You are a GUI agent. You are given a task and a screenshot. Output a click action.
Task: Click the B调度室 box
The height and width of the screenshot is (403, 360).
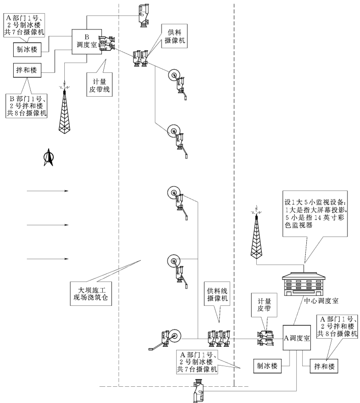(87, 42)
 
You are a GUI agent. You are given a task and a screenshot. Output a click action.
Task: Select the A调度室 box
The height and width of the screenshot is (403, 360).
(297, 338)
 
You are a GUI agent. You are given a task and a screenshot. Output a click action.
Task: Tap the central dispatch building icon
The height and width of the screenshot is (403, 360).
(303, 284)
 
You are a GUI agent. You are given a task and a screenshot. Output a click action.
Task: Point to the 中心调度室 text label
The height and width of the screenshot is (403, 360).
(321, 301)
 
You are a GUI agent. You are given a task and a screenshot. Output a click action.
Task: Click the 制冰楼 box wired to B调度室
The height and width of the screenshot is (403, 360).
(27, 50)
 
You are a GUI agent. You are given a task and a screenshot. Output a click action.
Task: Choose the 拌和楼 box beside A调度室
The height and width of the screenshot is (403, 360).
(324, 366)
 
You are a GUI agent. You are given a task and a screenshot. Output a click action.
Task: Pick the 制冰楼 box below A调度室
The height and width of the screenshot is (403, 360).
(267, 366)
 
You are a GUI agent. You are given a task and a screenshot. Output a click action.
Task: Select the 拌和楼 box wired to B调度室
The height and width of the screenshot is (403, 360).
(27, 70)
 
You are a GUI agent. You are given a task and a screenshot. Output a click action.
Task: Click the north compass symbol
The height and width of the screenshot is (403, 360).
(48, 157)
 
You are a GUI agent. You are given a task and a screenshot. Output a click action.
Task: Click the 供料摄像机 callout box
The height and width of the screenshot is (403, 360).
(175, 36)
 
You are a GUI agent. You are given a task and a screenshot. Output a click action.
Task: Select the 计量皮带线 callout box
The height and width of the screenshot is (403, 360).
(99, 85)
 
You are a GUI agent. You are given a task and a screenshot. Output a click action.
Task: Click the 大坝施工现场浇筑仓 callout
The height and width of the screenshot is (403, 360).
(91, 294)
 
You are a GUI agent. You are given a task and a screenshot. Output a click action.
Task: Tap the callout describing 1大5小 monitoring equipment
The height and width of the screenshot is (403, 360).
(315, 214)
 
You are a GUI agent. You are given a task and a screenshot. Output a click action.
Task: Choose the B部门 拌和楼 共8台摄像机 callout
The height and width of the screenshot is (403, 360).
(26, 106)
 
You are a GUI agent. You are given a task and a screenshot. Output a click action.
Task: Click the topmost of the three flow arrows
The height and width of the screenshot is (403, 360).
(48, 191)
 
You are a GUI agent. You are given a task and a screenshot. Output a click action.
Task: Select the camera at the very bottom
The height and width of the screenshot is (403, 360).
(199, 391)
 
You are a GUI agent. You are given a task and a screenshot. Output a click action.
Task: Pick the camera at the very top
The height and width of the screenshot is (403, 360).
(143, 15)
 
